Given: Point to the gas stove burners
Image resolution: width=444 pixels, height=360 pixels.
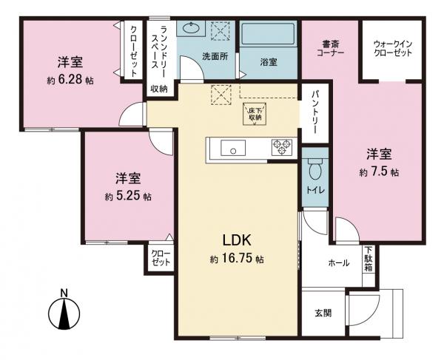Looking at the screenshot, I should tap(281, 146).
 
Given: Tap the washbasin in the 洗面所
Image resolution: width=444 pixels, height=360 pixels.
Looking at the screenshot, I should tap(194, 30).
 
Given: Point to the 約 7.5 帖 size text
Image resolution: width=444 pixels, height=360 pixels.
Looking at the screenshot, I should tap(380, 172).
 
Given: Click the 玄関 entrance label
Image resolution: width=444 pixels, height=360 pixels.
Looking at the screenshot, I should tap(322, 313).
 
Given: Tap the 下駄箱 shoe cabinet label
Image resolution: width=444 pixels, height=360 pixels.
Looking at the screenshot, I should tap(368, 259).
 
